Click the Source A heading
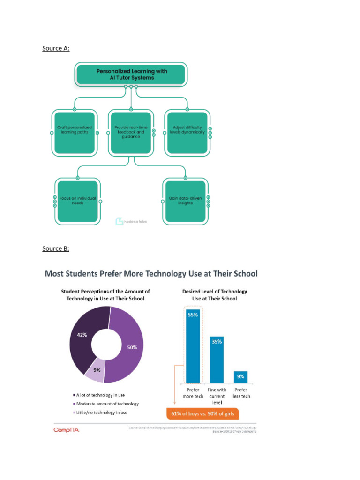[56, 48]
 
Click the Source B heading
[55, 248]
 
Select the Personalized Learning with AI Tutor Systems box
[132, 75]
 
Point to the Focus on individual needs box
[77, 201]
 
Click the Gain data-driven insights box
[185, 201]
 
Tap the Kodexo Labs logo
[131, 221]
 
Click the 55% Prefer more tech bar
[193, 347]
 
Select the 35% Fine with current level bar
[217, 360]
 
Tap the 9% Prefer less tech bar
[241, 377]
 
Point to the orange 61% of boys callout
[202, 413]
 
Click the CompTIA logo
[66, 430]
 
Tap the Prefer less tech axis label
[241, 393]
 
